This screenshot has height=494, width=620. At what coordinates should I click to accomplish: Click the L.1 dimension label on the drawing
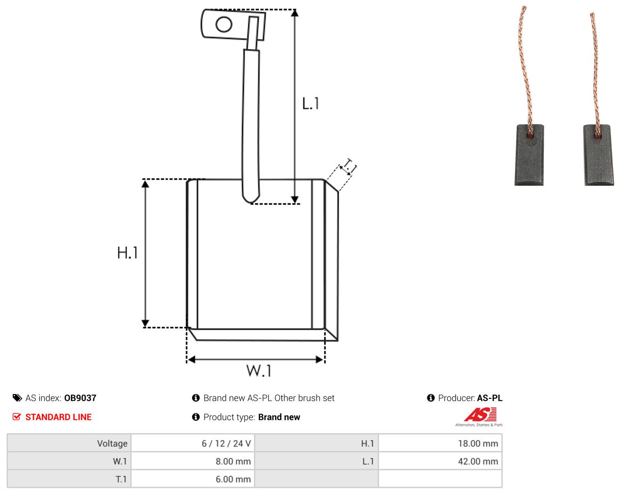(x=310, y=104)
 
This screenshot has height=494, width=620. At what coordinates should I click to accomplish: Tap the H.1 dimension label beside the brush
(x=127, y=253)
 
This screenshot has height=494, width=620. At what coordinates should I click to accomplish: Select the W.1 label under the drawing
(x=259, y=370)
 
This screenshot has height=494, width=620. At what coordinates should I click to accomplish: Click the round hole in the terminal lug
(x=224, y=25)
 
